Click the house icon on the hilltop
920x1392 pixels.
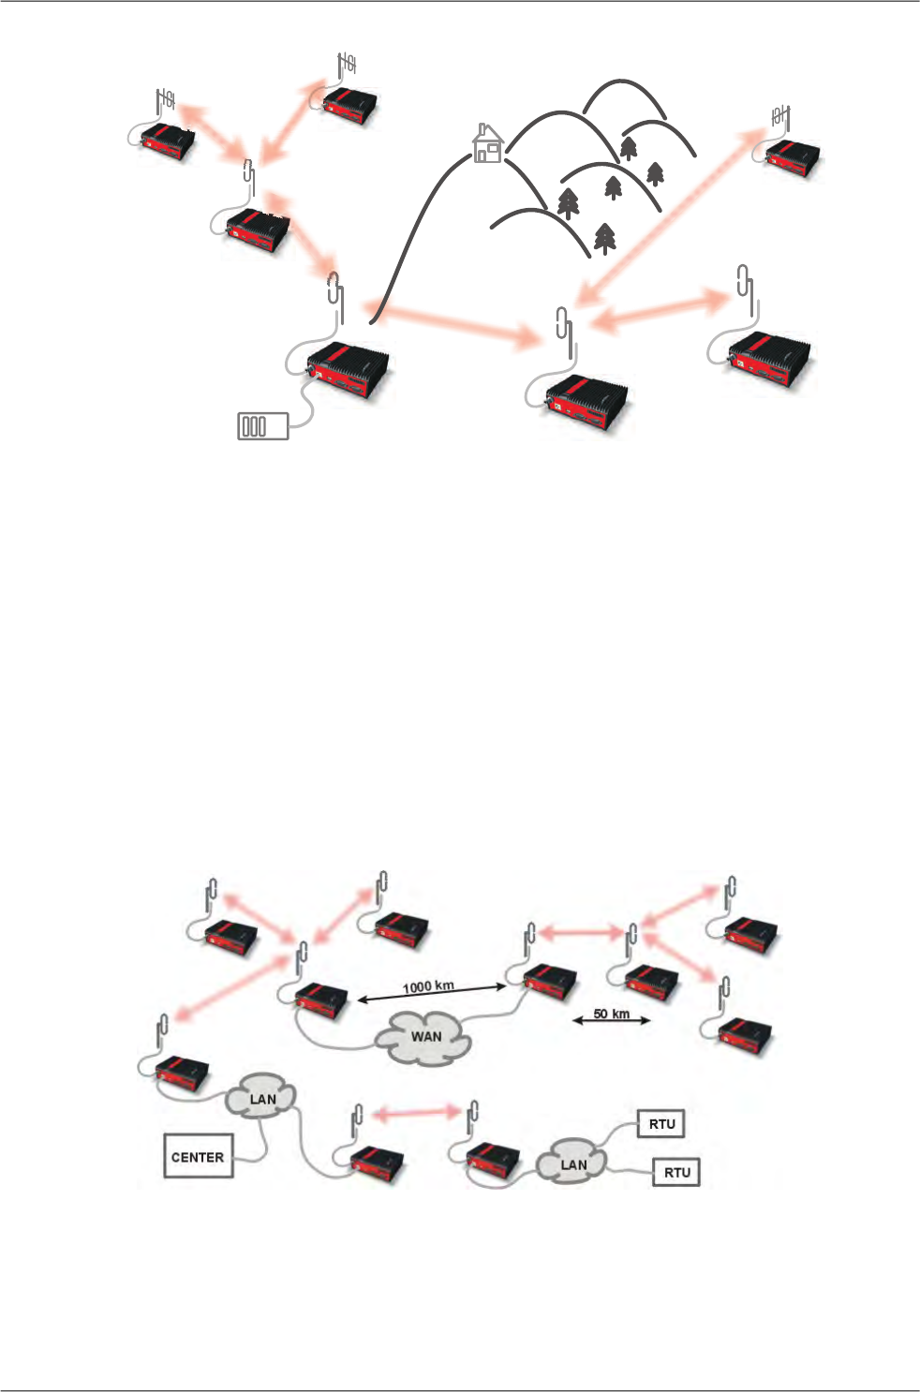tap(487, 143)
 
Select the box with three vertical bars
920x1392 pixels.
tap(262, 426)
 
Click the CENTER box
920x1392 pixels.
tap(199, 1156)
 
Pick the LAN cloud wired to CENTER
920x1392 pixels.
tap(262, 1099)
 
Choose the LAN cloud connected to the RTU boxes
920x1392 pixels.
tap(572, 1163)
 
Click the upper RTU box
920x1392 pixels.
tap(661, 1123)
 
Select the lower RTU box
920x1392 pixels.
tap(676, 1172)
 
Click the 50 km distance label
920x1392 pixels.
tap(611, 1014)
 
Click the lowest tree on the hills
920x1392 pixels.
tap(605, 238)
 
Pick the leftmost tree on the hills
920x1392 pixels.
tap(568, 203)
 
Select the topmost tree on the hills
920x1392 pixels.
tap(629, 147)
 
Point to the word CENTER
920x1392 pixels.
tap(199, 1157)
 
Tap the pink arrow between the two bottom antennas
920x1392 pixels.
tap(418, 1112)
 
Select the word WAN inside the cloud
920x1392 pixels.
tap(426, 1037)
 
